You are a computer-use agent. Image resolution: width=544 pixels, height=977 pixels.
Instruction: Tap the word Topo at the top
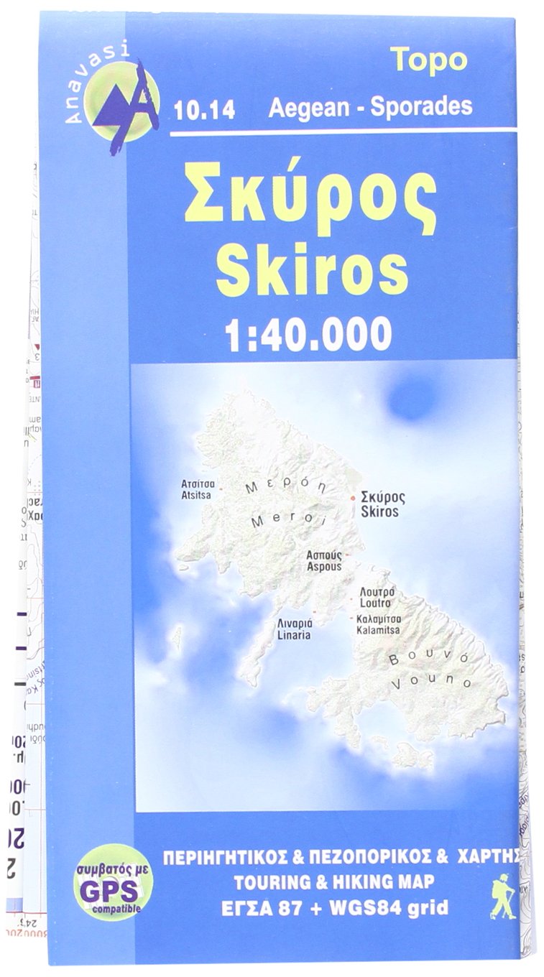[x=428, y=60]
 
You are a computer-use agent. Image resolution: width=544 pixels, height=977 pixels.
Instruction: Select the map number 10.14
[x=204, y=111]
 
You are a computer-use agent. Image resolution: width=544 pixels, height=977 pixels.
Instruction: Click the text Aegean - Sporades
[x=370, y=107]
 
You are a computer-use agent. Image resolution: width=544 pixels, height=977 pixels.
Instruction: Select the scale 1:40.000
[x=308, y=333]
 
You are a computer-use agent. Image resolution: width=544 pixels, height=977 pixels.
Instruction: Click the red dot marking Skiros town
[x=353, y=497]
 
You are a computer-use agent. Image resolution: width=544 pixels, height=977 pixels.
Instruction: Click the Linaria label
[x=293, y=629]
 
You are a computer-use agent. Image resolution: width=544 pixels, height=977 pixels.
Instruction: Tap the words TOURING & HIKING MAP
[x=334, y=881]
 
